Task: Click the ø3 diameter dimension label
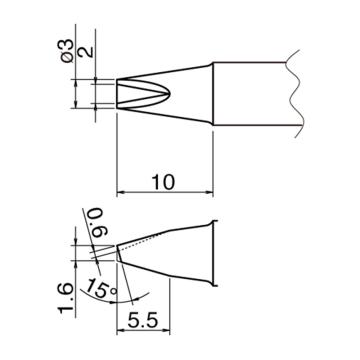67,50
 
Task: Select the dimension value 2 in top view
87,53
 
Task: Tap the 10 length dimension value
163,182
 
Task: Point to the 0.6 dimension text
98,222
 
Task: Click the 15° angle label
101,288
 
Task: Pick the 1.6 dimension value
65,298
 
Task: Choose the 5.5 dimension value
143,322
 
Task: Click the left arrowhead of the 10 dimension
120,192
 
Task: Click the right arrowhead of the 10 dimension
210,192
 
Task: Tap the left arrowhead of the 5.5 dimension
120,331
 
